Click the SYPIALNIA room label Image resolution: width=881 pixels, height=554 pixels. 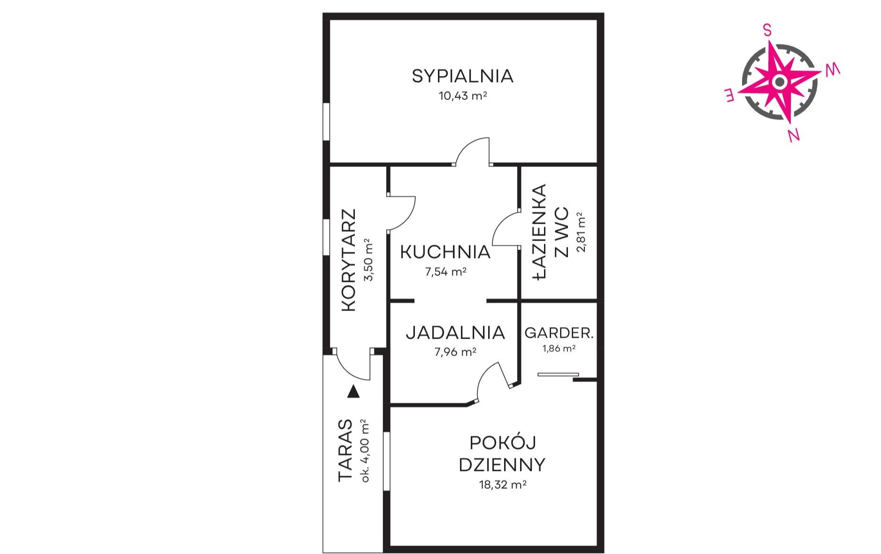click(x=462, y=76)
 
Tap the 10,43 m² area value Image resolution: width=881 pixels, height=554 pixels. click(x=463, y=96)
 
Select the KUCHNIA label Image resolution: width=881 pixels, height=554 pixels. click(x=445, y=252)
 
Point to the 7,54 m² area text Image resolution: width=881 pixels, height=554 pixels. click(x=445, y=272)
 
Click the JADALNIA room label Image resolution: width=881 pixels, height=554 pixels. click(x=455, y=333)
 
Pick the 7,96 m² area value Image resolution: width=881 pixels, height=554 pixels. click(x=455, y=352)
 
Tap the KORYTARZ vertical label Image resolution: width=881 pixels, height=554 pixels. click(x=349, y=260)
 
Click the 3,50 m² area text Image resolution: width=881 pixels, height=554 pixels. click(x=368, y=259)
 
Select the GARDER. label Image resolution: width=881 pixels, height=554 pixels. click(x=559, y=333)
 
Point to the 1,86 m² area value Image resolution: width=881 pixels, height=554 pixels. click(x=559, y=349)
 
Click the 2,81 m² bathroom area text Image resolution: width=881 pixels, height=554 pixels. click(x=581, y=233)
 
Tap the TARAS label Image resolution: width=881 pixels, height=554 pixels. click(x=345, y=450)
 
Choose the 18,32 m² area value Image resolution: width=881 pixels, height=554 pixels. click(x=502, y=485)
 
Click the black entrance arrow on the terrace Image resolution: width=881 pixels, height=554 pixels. click(x=353, y=392)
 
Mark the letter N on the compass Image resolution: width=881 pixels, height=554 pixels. click(x=793, y=135)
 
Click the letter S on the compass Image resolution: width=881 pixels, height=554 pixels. click(x=767, y=30)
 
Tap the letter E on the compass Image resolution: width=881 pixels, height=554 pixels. click(x=729, y=96)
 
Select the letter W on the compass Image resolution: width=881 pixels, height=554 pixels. click(x=833, y=70)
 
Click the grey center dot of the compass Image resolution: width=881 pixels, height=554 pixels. click(x=780, y=82)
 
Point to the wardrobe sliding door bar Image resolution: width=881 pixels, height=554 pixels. click(x=558, y=374)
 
